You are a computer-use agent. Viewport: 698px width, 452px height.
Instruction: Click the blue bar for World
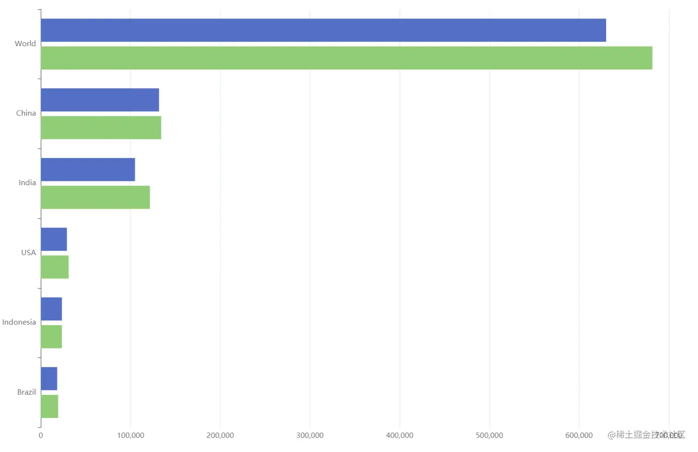click(x=323, y=30)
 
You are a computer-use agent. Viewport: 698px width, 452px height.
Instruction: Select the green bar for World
click(x=346, y=58)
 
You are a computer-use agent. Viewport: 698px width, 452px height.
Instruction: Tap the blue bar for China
click(x=100, y=100)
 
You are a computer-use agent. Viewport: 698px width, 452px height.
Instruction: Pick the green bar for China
click(x=101, y=127)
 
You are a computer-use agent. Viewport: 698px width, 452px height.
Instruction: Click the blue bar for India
click(x=87, y=170)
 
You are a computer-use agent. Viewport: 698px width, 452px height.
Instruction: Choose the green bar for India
click(x=95, y=197)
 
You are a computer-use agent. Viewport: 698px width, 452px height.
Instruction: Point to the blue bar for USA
click(x=53, y=239)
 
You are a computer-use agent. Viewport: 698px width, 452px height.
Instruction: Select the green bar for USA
click(x=54, y=267)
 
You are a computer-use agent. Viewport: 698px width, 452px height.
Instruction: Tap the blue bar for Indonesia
click(x=51, y=309)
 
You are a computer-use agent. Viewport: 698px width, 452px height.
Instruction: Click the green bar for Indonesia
click(x=51, y=336)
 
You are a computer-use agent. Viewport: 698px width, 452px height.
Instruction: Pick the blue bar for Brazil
click(x=49, y=379)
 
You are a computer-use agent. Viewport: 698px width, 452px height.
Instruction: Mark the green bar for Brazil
click(x=49, y=406)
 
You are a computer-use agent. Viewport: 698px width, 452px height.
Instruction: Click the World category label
click(x=25, y=44)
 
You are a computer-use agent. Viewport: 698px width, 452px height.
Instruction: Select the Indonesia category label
click(x=19, y=322)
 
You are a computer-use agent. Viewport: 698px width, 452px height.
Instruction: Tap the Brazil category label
click(x=26, y=392)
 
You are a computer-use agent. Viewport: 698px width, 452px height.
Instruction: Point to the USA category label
click(x=28, y=253)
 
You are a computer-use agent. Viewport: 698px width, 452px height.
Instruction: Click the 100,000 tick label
click(x=130, y=435)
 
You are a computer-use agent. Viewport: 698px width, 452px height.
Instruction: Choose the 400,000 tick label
click(x=400, y=435)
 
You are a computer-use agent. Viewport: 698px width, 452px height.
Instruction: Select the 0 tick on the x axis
click(x=41, y=435)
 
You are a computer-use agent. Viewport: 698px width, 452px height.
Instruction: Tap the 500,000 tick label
click(x=489, y=435)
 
